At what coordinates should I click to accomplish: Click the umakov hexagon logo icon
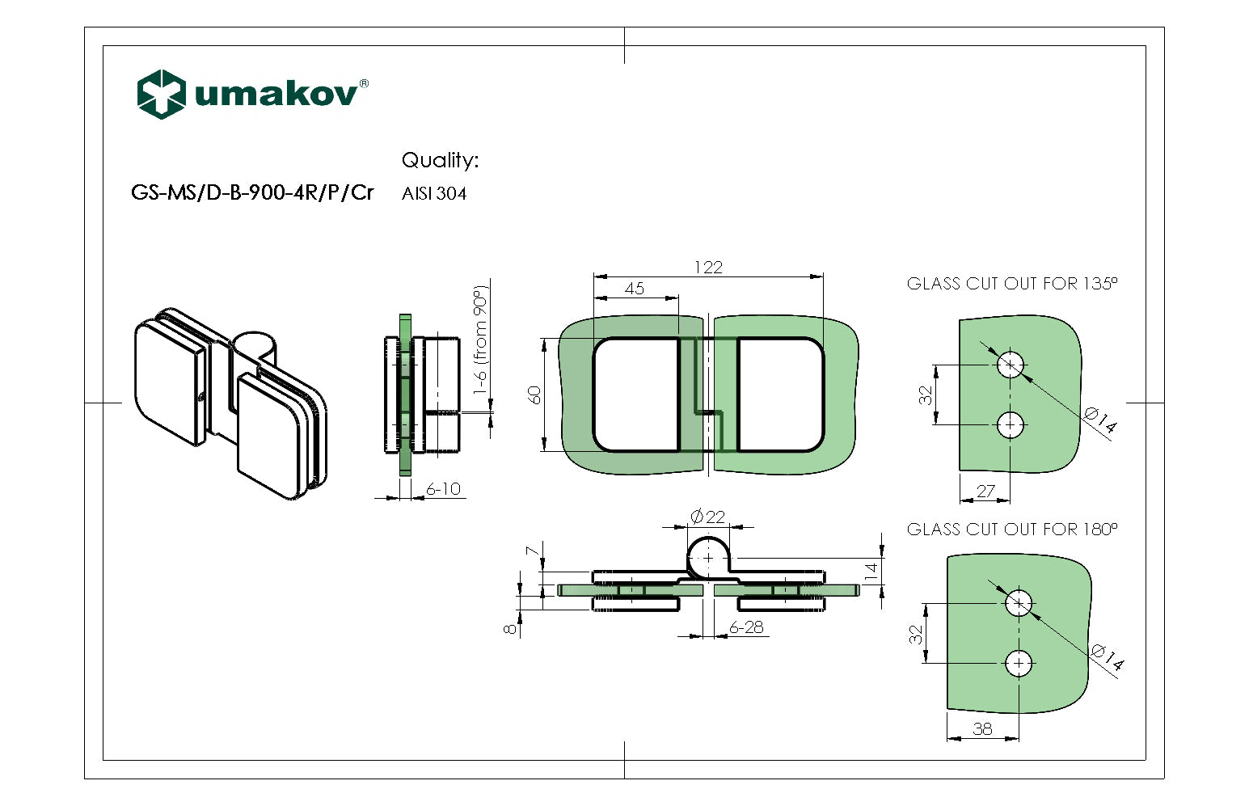(162, 94)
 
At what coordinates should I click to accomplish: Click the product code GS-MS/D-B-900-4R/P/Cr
(252, 193)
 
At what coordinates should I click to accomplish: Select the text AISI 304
(434, 194)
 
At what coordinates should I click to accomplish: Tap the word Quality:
(440, 160)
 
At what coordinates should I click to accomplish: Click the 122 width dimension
(708, 268)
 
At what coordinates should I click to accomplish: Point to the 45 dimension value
(635, 289)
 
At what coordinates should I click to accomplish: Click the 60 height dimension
(534, 395)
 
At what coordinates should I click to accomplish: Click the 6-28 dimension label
(745, 627)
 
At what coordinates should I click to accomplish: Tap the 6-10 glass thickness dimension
(443, 489)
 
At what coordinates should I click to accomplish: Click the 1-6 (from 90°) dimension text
(481, 339)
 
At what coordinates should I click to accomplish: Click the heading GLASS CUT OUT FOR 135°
(1011, 284)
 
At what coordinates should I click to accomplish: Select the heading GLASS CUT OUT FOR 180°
(1011, 530)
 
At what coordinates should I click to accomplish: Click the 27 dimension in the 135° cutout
(985, 491)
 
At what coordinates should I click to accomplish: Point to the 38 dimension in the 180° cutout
(982, 728)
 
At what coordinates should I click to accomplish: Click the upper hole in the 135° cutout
(1011, 365)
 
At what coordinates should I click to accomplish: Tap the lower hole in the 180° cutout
(1019, 664)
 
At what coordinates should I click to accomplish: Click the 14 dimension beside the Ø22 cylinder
(871, 570)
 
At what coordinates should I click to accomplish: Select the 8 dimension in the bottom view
(510, 628)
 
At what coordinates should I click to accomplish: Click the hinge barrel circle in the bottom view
(709, 558)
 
